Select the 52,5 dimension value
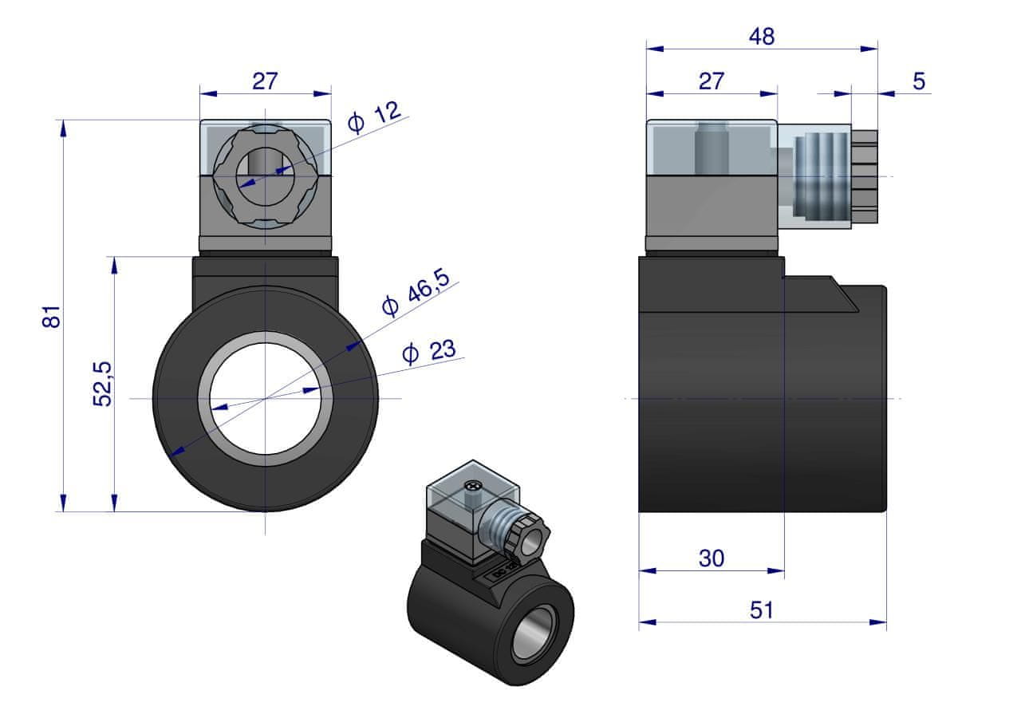coord(103,383)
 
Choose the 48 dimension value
coord(762,36)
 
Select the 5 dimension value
coord(919,81)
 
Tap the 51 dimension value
coord(762,610)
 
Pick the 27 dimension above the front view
coord(265,81)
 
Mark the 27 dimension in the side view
coord(711,81)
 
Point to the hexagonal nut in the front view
coord(265,178)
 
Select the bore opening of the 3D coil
coord(535,633)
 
